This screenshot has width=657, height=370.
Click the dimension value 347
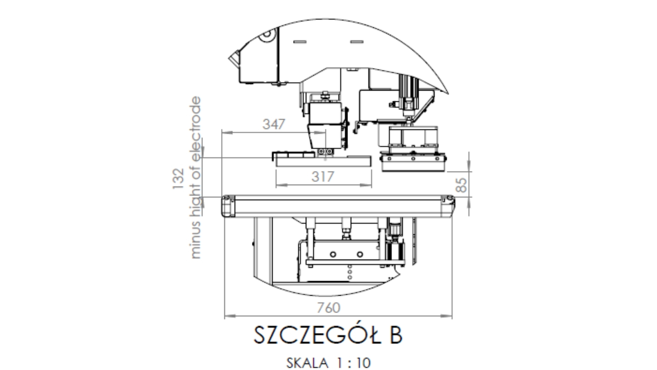click(x=274, y=124)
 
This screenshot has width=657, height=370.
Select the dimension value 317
click(x=323, y=177)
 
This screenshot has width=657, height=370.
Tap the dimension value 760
click(x=328, y=308)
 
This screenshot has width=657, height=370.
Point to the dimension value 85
click(x=462, y=185)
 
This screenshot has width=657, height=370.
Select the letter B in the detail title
click(x=396, y=335)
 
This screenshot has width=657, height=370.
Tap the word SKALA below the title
click(x=307, y=363)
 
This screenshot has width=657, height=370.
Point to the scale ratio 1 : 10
click(x=354, y=363)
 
